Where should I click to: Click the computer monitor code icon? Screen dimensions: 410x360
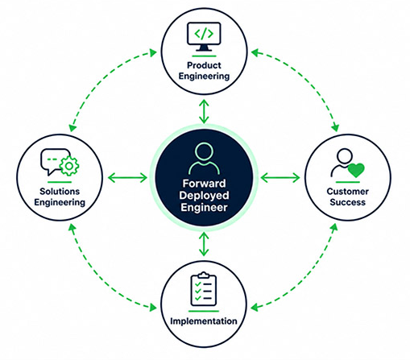pyautogui.click(x=204, y=37)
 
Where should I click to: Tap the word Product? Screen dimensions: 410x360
pyautogui.click(x=204, y=65)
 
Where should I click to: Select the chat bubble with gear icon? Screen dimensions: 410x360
pyautogui.click(x=60, y=163)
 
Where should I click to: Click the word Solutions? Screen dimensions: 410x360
pyautogui.click(x=60, y=192)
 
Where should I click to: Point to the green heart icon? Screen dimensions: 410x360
pyautogui.click(x=356, y=170)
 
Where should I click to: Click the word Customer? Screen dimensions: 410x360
pyautogui.click(x=348, y=192)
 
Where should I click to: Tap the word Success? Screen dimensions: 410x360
pyautogui.click(x=348, y=202)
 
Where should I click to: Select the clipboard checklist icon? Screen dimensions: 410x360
pyautogui.click(x=204, y=289)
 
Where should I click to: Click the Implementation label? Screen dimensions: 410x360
pyautogui.click(x=204, y=321)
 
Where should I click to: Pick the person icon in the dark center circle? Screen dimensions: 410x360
pyautogui.click(x=204, y=159)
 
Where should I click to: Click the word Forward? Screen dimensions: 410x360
pyautogui.click(x=204, y=184)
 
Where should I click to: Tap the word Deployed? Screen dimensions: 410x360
pyautogui.click(x=204, y=195)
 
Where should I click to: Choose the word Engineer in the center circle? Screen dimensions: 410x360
pyautogui.click(x=204, y=207)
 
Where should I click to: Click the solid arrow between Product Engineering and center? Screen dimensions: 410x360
pyautogui.click(x=204, y=111)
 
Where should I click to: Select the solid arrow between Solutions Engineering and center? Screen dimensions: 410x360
pyautogui.click(x=127, y=178)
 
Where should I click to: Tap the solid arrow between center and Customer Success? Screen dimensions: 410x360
pyautogui.click(x=280, y=178)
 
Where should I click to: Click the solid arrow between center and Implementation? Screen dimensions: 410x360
pyautogui.click(x=204, y=244)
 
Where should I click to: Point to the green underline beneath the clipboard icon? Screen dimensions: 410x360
pyautogui.click(x=204, y=311)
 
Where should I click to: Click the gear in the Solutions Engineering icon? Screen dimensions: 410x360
pyautogui.click(x=69, y=167)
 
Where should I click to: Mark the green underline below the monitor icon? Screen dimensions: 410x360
pyautogui.click(x=204, y=56)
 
